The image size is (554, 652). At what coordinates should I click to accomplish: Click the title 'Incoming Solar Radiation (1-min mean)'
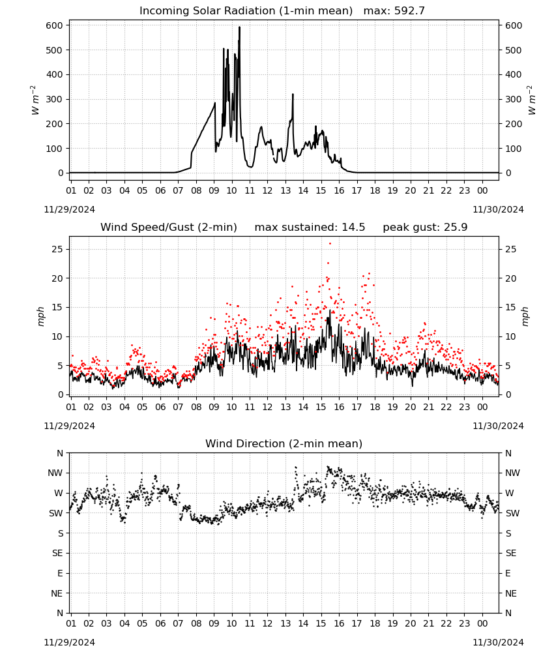[x=246, y=11]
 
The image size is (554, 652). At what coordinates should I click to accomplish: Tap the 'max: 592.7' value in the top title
[x=394, y=11]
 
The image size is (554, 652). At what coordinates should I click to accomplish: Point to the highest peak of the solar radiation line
[x=239, y=27]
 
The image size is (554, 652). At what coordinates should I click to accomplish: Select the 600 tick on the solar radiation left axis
[x=55, y=25]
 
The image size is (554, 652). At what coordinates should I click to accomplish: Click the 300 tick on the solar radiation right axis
[x=514, y=99]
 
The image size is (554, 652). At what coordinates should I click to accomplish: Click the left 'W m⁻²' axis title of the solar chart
[x=35, y=100]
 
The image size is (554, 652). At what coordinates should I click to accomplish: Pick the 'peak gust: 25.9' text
[x=425, y=228]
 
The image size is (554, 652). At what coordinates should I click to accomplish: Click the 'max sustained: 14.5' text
[x=310, y=228]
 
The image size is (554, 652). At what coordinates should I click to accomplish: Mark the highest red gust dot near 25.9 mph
[x=330, y=244]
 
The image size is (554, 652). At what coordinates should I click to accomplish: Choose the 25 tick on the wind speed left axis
[x=57, y=249]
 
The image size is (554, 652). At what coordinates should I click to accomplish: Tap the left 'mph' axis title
[x=40, y=316]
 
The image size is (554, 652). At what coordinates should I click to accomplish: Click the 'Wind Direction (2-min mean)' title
[x=284, y=443]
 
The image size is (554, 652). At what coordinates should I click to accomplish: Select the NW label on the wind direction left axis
[x=55, y=473]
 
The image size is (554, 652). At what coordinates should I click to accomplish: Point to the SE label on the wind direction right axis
[x=511, y=553]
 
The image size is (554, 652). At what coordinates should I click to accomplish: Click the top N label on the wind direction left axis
[x=60, y=453]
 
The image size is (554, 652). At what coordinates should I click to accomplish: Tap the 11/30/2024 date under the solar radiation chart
[x=498, y=209]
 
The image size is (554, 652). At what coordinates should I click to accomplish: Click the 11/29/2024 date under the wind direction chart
[x=69, y=642]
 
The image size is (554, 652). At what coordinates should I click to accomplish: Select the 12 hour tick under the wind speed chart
[x=267, y=407]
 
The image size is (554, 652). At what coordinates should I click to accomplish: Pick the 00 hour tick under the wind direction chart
[x=482, y=623]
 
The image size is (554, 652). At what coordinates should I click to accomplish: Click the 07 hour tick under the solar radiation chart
[x=178, y=190]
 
